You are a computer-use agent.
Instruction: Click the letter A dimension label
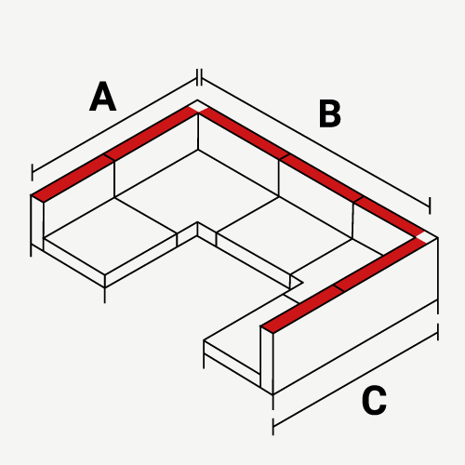click(103, 96)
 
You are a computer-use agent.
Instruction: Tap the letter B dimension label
click(330, 113)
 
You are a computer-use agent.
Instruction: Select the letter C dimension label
click(374, 400)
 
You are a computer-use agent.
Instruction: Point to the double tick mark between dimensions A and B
click(200, 77)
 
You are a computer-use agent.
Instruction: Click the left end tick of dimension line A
click(32, 172)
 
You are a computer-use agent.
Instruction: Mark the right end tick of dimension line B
click(430, 206)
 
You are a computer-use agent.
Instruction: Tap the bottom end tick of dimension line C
click(273, 427)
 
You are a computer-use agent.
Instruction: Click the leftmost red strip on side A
click(73, 178)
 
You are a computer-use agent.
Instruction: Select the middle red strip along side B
click(322, 178)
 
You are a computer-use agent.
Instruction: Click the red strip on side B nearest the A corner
click(245, 133)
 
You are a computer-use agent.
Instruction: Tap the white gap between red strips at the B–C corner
click(421, 238)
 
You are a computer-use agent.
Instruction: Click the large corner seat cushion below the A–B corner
click(197, 193)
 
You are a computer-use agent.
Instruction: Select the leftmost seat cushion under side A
click(110, 236)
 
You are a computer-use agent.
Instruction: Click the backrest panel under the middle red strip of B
click(315, 199)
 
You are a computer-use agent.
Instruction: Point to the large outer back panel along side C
click(355, 316)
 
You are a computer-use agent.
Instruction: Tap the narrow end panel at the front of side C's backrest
click(267, 360)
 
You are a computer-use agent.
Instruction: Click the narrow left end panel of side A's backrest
click(37, 222)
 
